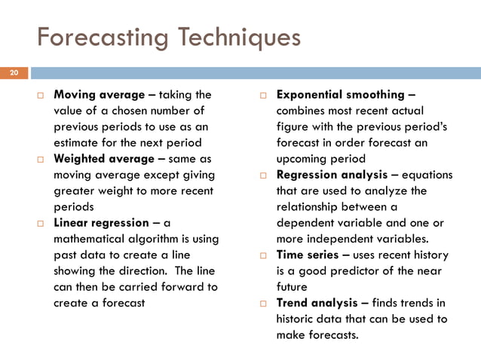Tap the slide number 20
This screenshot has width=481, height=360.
coord(13,73)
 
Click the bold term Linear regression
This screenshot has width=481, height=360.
coord(102,223)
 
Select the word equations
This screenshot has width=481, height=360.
coord(428,175)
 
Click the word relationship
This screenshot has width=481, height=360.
coord(311,207)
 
